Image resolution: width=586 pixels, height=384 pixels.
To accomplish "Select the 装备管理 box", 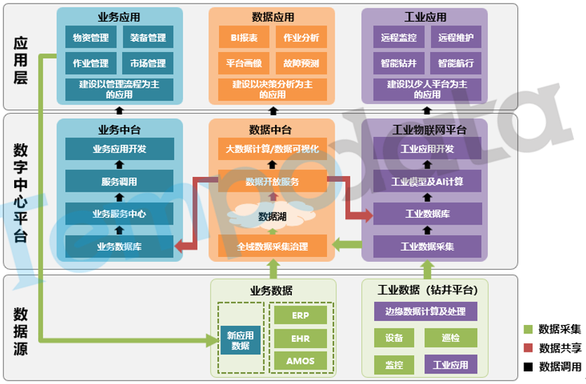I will pyautogui.click(x=147, y=38).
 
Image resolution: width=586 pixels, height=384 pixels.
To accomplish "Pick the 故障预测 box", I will pyautogui.click(x=301, y=63).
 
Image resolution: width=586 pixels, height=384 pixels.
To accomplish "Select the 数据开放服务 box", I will pyautogui.click(x=272, y=182).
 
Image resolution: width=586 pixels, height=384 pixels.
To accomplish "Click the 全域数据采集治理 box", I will pyautogui.click(x=272, y=246).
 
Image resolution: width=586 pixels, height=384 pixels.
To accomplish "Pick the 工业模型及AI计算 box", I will pyautogui.click(x=427, y=181).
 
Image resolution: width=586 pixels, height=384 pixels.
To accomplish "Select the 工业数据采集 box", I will pyautogui.click(x=427, y=246).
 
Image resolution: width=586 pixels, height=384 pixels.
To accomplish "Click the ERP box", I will pyautogui.click(x=300, y=315).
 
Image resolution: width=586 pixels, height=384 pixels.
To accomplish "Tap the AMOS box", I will pyautogui.click(x=300, y=362).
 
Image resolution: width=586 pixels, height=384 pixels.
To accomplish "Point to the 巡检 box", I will pyautogui.click(x=451, y=338).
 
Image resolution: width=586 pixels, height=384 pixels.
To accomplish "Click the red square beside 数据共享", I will pyautogui.click(x=528, y=348).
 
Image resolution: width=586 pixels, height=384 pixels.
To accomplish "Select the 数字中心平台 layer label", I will pyautogui.click(x=21, y=191).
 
